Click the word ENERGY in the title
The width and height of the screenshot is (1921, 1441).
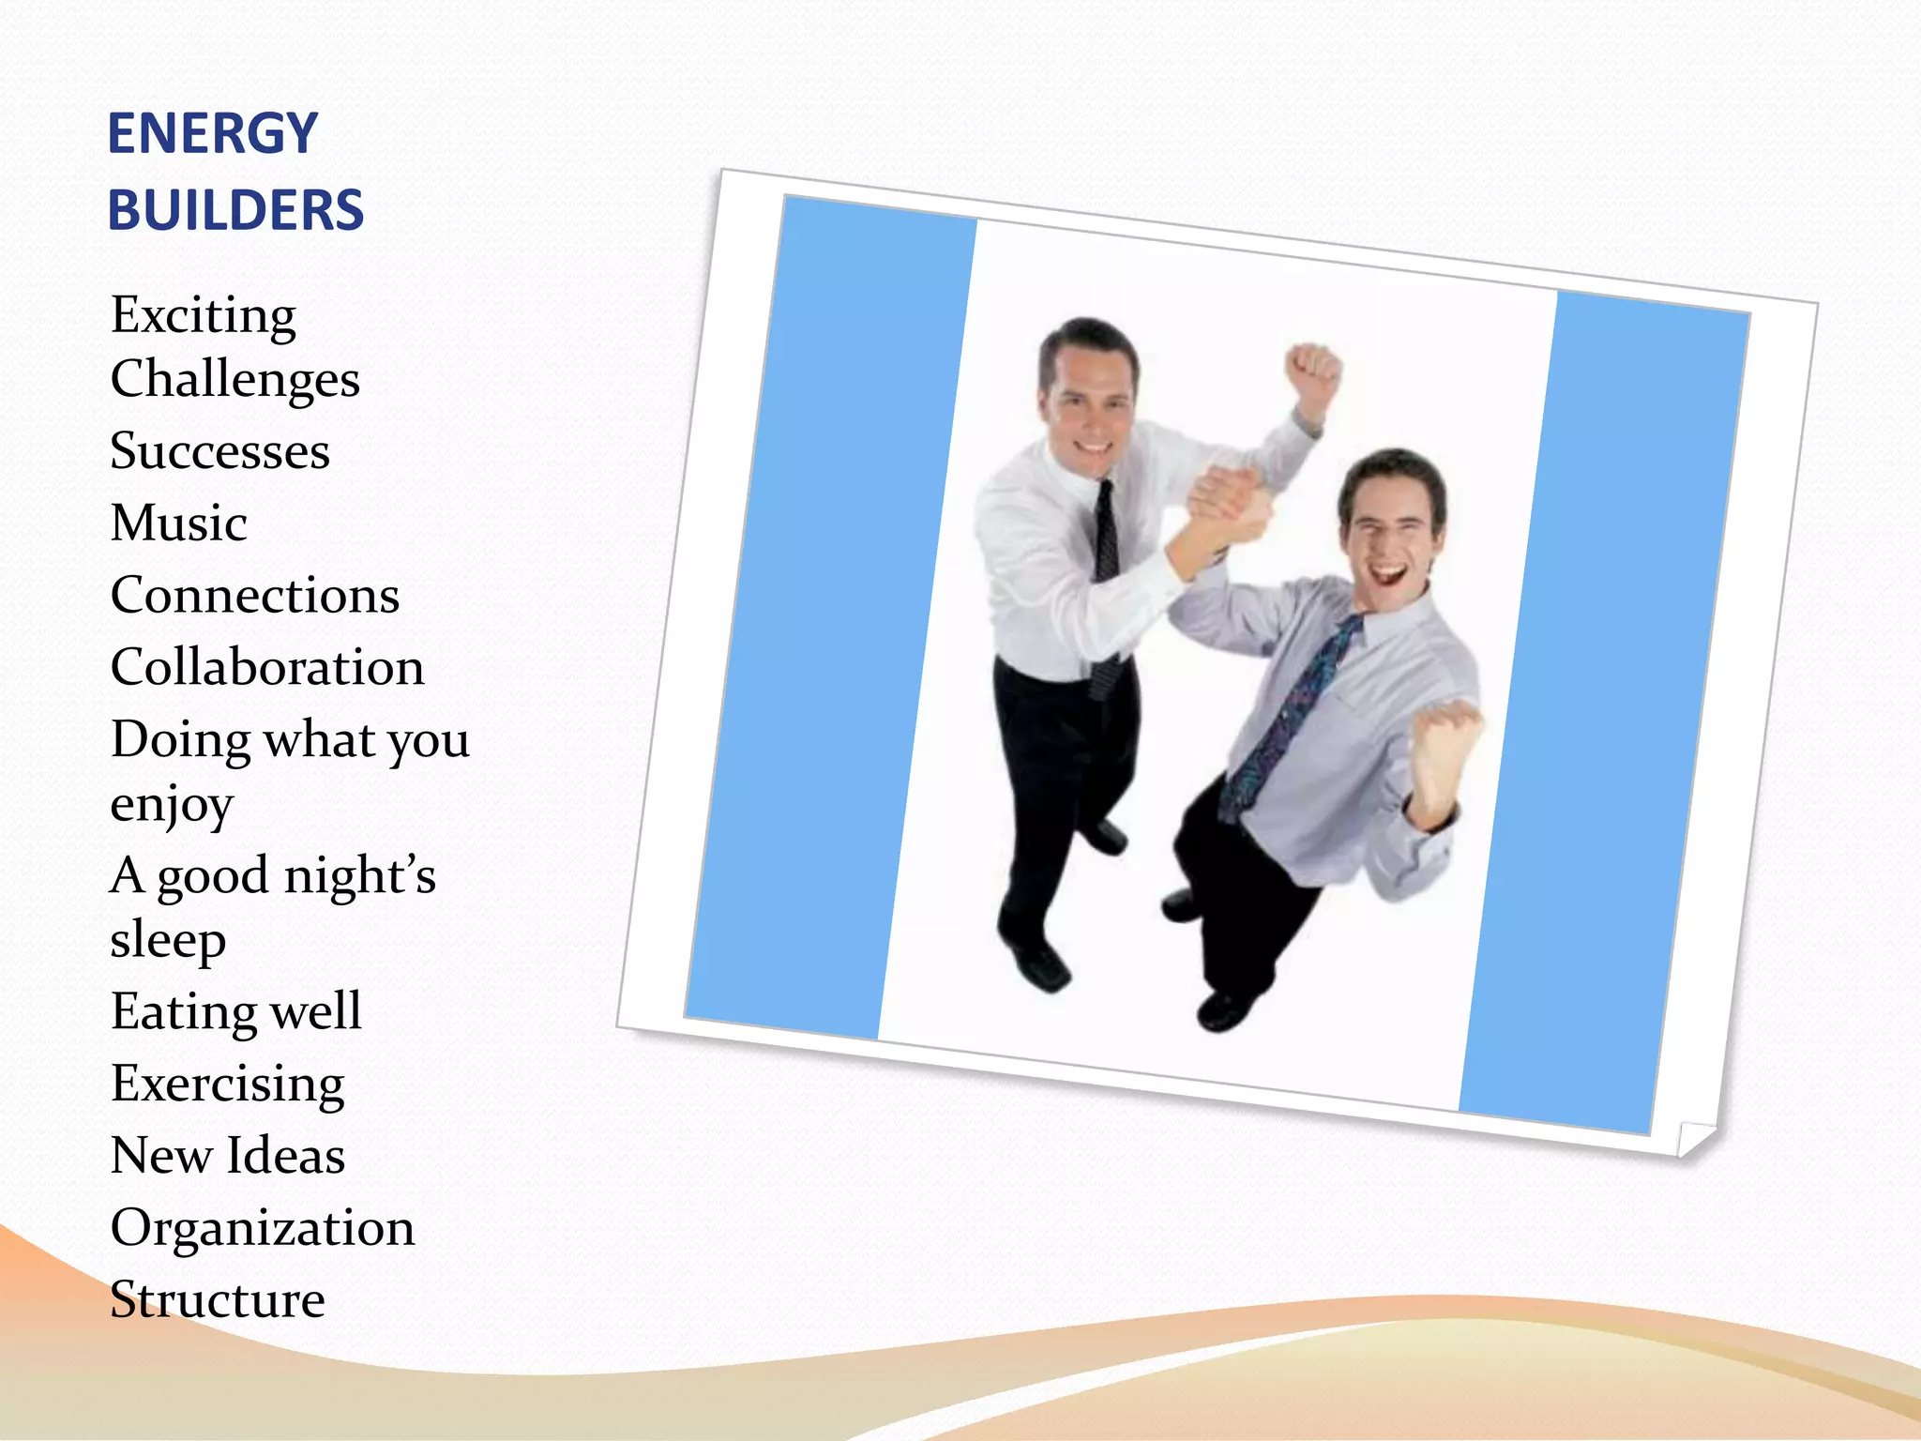pos(213,133)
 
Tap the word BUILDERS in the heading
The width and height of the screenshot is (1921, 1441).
pos(235,210)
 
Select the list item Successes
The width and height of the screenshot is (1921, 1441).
pos(219,451)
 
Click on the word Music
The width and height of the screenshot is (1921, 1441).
pos(179,523)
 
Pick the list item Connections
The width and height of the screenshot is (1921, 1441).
pos(254,596)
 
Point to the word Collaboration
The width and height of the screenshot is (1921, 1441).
pos(267,668)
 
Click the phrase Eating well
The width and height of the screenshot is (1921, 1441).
pos(235,1011)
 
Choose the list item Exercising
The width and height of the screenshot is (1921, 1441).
pos(227,1085)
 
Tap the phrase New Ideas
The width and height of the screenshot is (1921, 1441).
pos(227,1156)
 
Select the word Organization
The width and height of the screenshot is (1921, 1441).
pos(262,1228)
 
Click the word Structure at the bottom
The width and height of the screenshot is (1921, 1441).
pos(218,1300)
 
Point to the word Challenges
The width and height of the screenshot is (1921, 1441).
pos(234,380)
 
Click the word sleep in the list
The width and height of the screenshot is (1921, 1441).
pos(168,940)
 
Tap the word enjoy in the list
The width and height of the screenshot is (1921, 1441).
pos(171,805)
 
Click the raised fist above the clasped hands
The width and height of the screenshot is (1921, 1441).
pos(1312,371)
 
